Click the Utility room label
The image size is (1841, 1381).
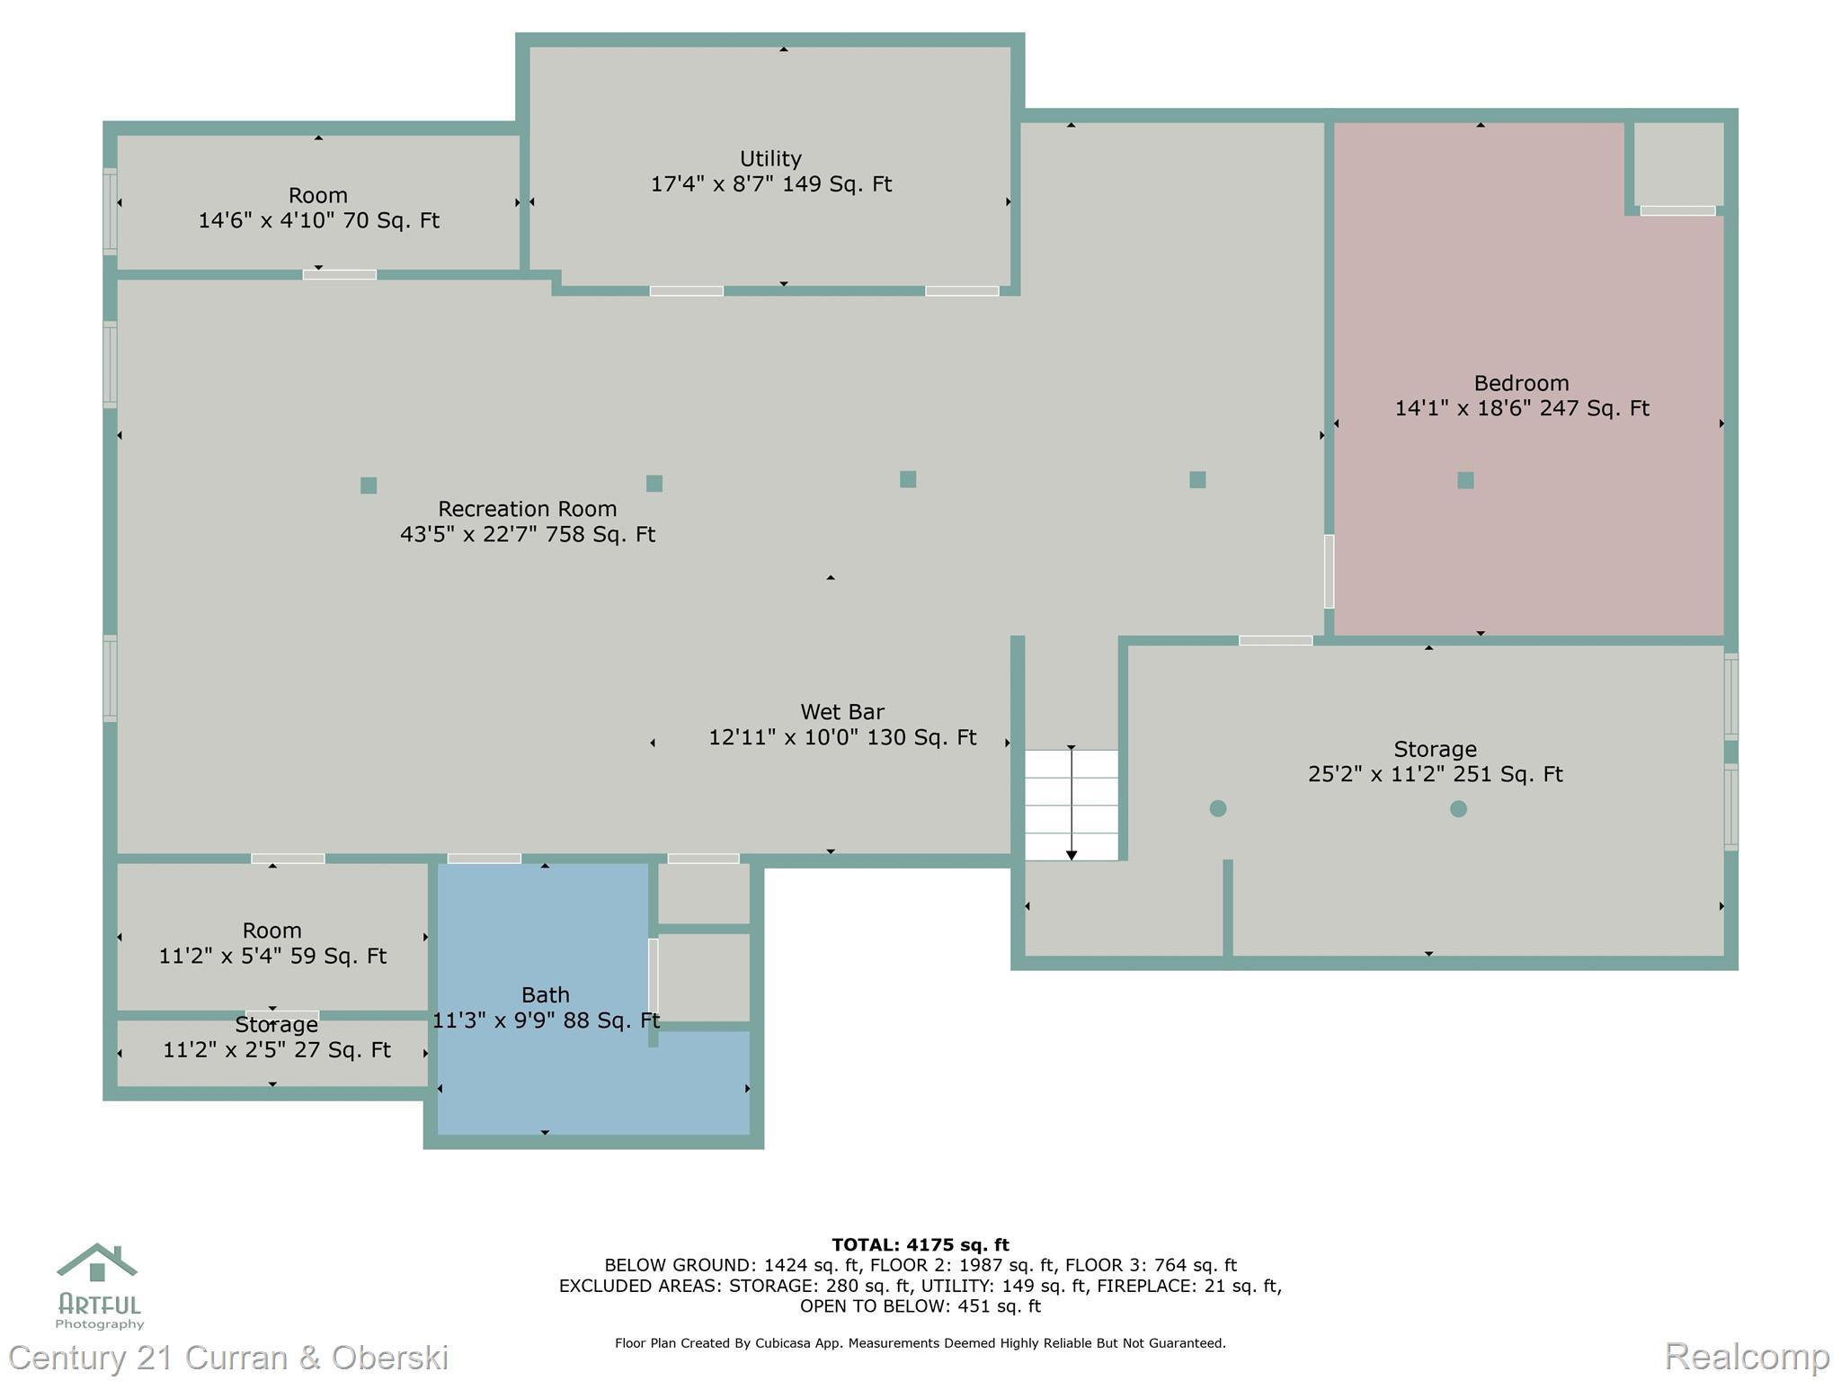[x=770, y=171]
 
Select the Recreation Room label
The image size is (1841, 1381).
[x=527, y=521]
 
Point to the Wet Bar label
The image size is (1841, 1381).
[x=842, y=725]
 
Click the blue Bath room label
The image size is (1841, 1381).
[x=546, y=1007]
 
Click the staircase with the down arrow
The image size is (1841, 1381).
[x=1072, y=805]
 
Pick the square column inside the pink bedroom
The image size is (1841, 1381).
[x=1465, y=480]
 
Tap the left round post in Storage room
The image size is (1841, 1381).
[x=1218, y=808]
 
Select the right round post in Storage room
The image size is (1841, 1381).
[x=1458, y=808]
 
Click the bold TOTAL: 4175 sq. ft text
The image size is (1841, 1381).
[x=920, y=1244]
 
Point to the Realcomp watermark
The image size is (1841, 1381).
[x=1747, y=1356]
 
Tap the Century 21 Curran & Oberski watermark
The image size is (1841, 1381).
[x=229, y=1357]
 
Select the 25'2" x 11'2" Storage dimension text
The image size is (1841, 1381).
[x=1435, y=774]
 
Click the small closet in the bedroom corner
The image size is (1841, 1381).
[x=1677, y=164]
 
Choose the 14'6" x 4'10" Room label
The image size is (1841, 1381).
[x=318, y=209]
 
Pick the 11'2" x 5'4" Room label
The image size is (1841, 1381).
[x=272, y=944]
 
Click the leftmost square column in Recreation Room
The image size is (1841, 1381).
[x=369, y=486]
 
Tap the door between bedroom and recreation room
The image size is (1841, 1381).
[x=1329, y=571]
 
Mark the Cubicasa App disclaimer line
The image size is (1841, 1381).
[x=920, y=1343]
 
